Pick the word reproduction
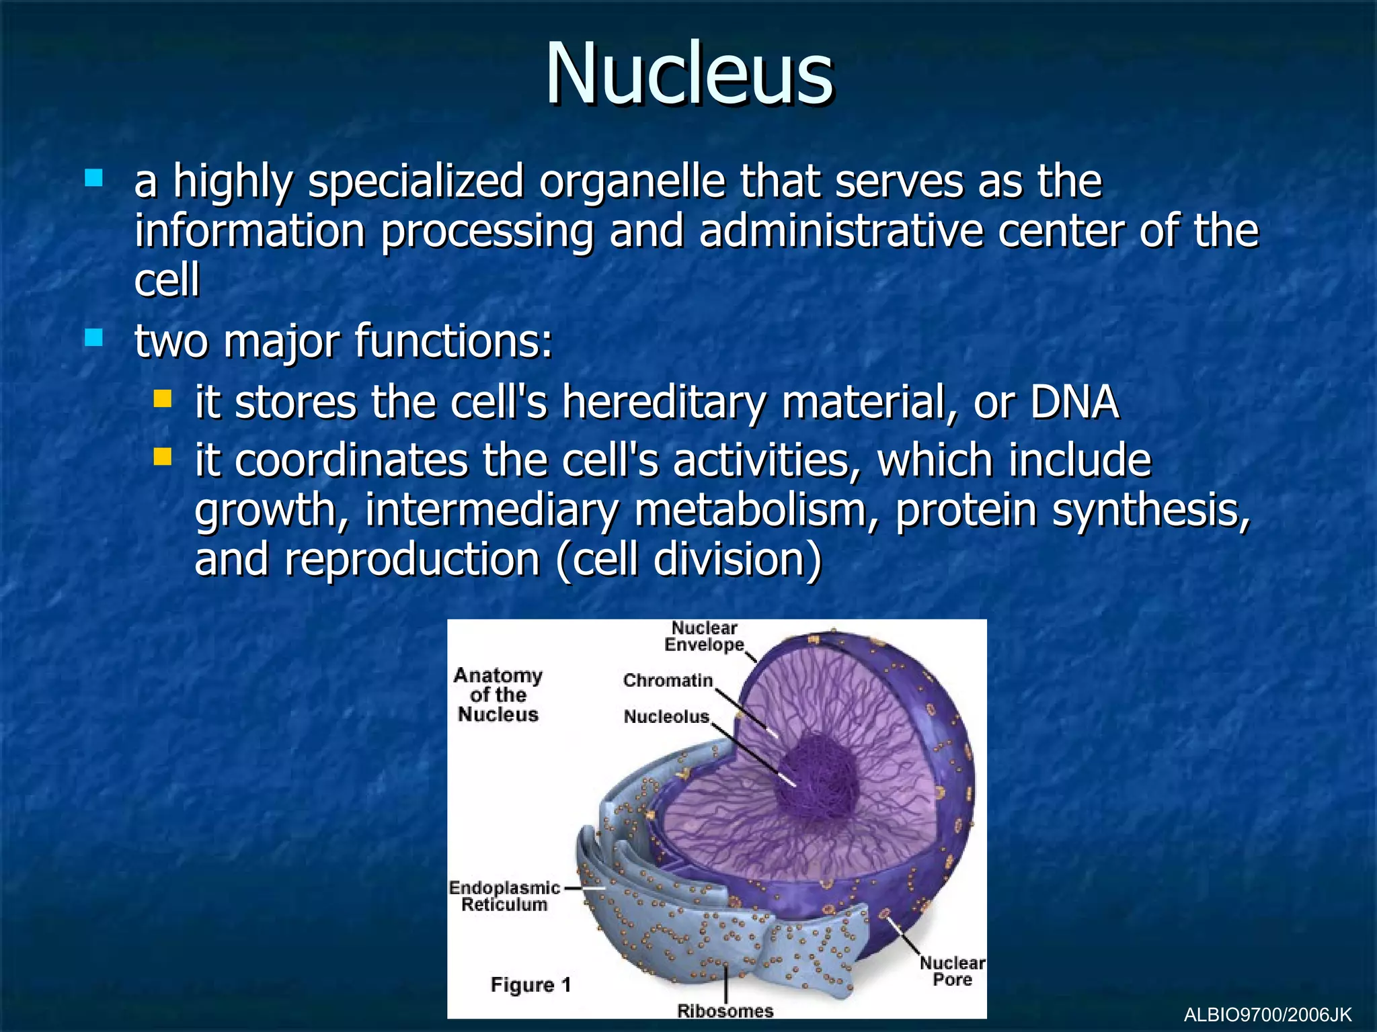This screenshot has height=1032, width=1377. pyautogui.click(x=412, y=560)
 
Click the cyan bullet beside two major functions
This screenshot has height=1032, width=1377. pyautogui.click(x=93, y=337)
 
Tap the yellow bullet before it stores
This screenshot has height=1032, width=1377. pyautogui.click(x=162, y=399)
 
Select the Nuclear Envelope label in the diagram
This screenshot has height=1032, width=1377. pyautogui.click(x=704, y=636)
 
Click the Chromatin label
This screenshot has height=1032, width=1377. pyautogui.click(x=667, y=681)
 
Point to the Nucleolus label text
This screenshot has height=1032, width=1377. pyautogui.click(x=666, y=717)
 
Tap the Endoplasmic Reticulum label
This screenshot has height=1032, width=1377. pyautogui.click(x=504, y=896)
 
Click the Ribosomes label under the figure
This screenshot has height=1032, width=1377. pyautogui.click(x=725, y=1011)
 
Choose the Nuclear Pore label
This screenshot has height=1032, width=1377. pyautogui.click(x=952, y=972)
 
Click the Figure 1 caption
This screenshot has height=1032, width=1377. pyautogui.click(x=530, y=985)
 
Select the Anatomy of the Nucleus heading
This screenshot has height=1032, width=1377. pyautogui.click(x=498, y=695)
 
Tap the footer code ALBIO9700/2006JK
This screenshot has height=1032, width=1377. pyautogui.click(x=1267, y=1015)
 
